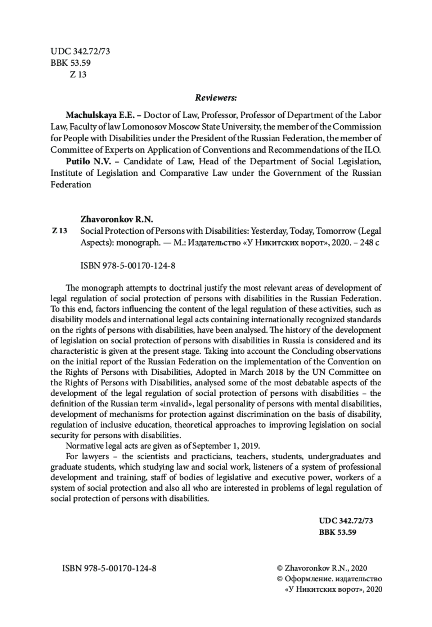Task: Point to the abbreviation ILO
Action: [373, 150]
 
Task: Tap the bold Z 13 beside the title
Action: [60, 231]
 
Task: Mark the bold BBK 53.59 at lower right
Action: [337, 532]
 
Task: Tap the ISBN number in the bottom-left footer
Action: [109, 568]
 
